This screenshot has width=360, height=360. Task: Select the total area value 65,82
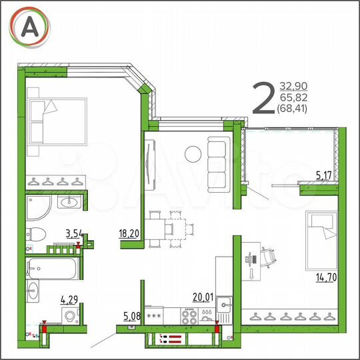pos(293,97)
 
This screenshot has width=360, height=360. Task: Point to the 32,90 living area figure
pos(293,86)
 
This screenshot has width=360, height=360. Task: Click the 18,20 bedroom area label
pos(128,233)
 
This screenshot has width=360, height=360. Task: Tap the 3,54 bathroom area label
pos(74,233)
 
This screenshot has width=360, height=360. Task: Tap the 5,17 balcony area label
pos(323,175)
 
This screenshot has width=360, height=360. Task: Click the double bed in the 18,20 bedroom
pos(58,122)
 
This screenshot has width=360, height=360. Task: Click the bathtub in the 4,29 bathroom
pos(52,269)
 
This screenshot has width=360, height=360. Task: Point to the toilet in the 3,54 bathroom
pos(36,234)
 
